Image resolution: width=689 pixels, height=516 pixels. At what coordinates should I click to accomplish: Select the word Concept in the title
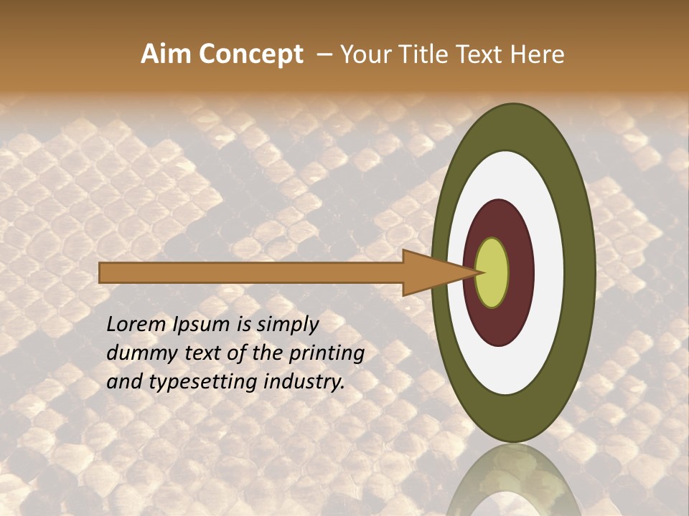[x=250, y=54]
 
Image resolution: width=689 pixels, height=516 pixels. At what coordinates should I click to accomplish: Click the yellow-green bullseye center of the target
[x=492, y=273]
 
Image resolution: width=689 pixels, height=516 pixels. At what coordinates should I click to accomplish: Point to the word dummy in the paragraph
[x=135, y=353]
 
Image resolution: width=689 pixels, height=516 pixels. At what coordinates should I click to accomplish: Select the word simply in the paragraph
[x=287, y=325]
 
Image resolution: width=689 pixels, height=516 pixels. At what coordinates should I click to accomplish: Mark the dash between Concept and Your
[x=324, y=55]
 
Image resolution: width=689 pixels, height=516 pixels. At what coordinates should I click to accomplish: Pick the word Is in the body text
[x=243, y=325]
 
